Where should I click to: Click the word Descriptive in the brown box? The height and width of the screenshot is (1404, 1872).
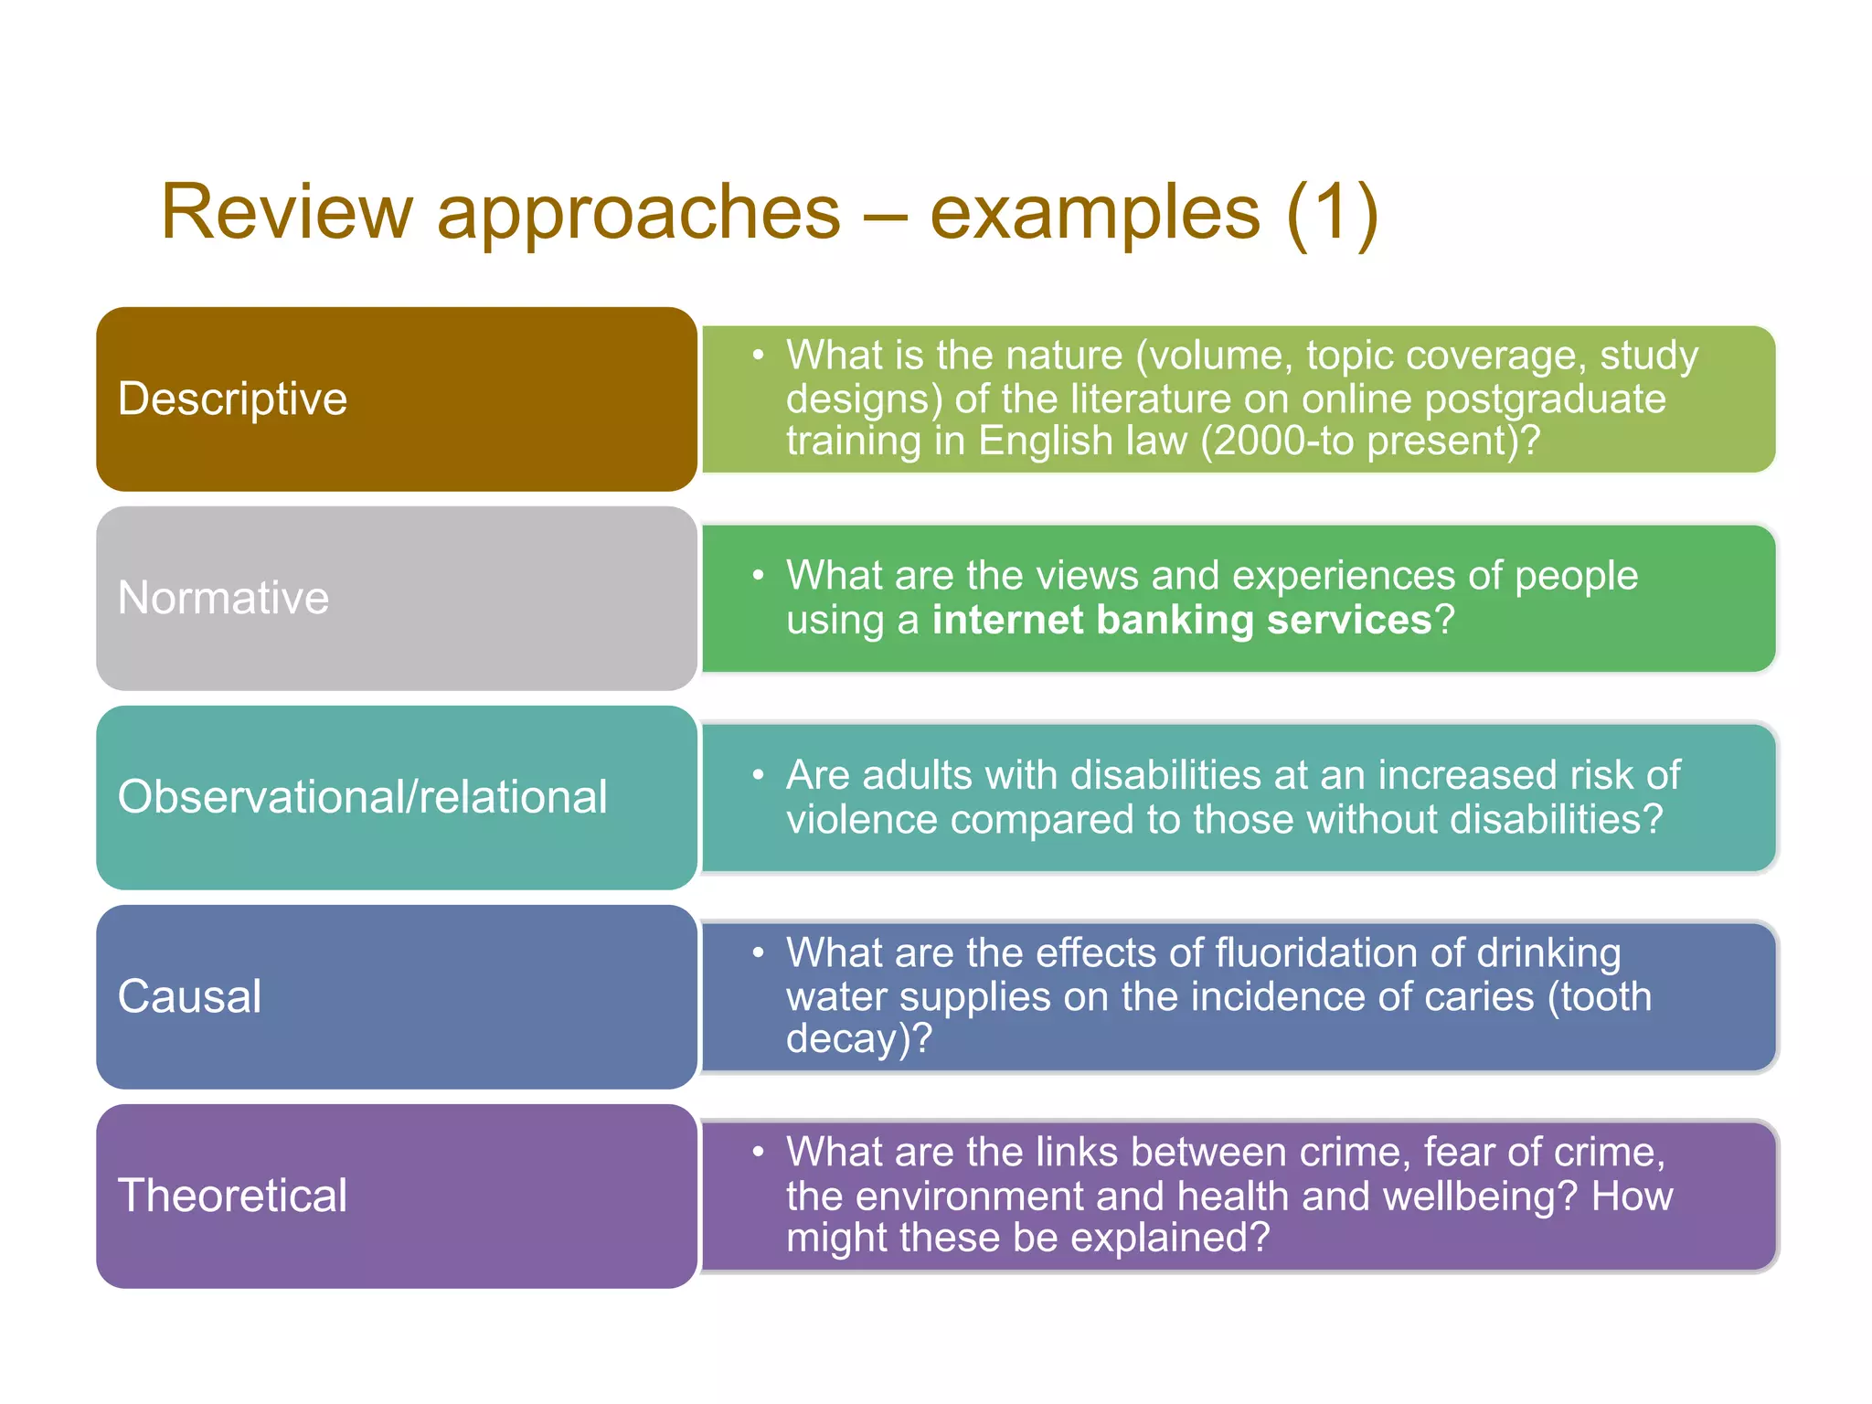tap(232, 399)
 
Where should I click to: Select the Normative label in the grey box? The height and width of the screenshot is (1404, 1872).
tap(223, 598)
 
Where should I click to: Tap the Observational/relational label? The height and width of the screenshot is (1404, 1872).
tap(362, 797)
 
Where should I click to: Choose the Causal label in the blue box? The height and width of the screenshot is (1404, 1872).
tap(189, 996)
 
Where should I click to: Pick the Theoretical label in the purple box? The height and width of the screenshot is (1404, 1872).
tap(232, 1196)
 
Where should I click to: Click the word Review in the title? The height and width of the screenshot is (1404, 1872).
tap(287, 212)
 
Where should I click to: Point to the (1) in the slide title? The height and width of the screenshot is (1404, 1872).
tap(1332, 212)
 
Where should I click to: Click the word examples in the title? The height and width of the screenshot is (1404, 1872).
tap(1095, 214)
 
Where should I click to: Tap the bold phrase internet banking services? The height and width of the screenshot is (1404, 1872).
tap(1182, 621)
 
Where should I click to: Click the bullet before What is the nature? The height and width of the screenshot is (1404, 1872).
tap(758, 355)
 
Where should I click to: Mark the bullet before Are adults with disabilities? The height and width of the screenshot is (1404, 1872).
tap(758, 775)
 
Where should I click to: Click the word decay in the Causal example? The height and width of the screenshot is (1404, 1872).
tap(846, 1039)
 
